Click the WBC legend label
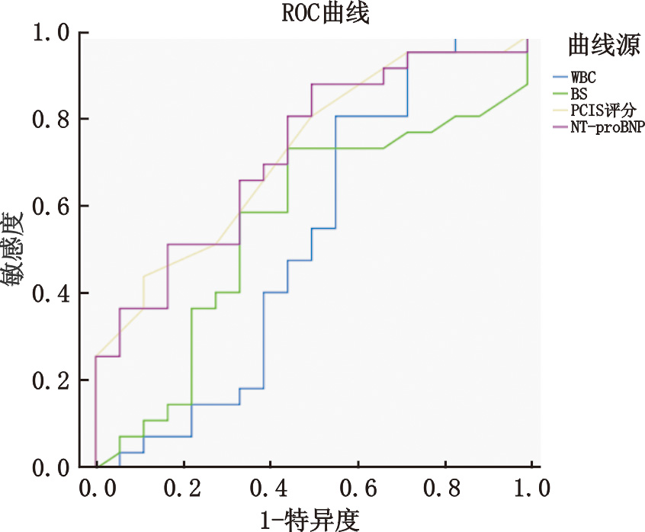click(583, 77)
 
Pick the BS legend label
click(579, 94)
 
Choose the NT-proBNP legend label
click(607, 128)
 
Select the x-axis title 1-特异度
click(310, 518)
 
